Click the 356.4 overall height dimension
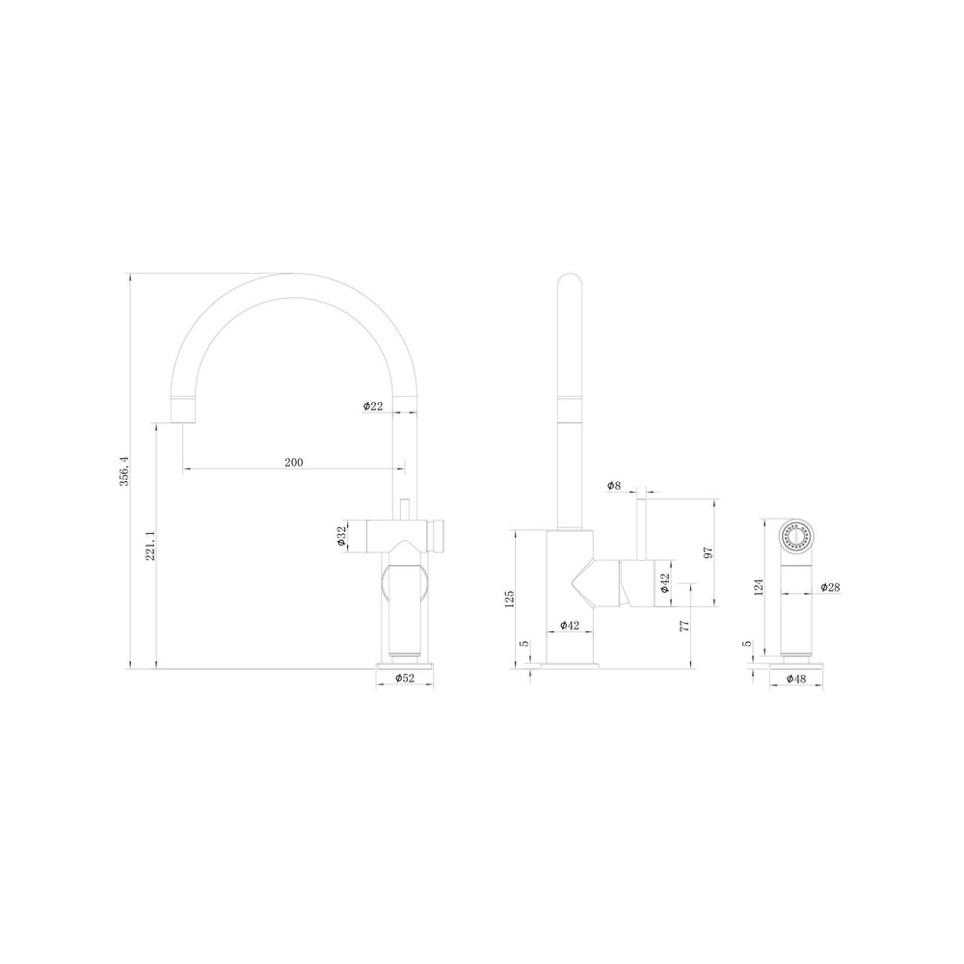coord(124,471)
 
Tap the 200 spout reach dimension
coord(294,463)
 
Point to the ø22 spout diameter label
coord(373,406)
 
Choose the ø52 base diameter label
coord(405,678)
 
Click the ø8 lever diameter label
coord(614,486)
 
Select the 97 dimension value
coord(709,552)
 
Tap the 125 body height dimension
coord(509,599)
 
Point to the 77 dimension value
coord(684,626)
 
